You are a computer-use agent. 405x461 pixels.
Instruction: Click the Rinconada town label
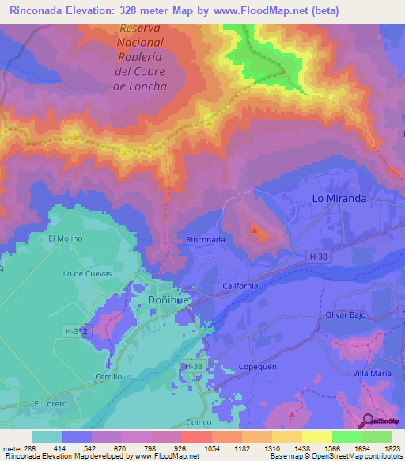(x=205, y=239)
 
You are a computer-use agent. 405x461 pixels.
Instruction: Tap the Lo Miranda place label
(x=339, y=199)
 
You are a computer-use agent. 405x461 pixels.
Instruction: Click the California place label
(x=240, y=286)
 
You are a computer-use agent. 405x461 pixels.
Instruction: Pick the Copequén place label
(x=256, y=368)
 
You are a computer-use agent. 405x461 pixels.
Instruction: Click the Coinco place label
(x=199, y=422)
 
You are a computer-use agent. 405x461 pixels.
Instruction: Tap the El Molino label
(x=65, y=238)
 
